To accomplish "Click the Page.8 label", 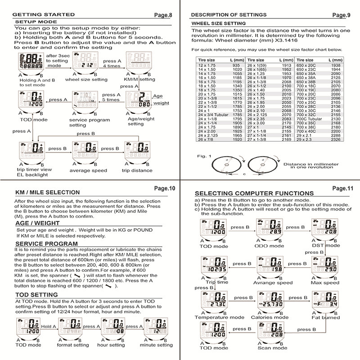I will (x=163, y=15).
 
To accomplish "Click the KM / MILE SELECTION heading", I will (x=47, y=192).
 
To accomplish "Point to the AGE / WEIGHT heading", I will (x=37, y=223).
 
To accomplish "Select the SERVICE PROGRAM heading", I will (x=46, y=243).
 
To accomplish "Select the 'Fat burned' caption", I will (x=325, y=317).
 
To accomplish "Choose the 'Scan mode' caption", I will (x=272, y=347).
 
